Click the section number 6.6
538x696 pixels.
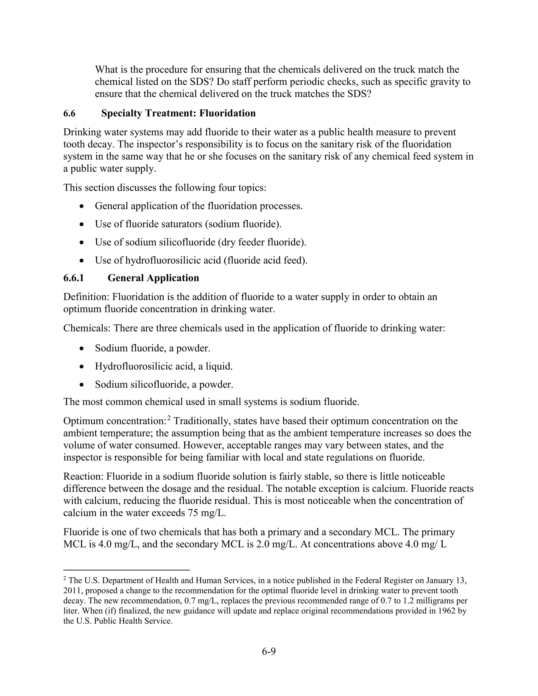(69, 113)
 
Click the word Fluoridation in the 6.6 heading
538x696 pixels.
(227, 113)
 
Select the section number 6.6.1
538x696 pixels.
(74, 278)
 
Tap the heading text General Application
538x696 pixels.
(153, 278)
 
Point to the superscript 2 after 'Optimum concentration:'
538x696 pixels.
(169, 418)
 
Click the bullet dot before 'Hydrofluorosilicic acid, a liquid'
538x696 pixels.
(82, 367)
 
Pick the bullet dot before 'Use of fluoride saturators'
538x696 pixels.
(82, 225)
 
